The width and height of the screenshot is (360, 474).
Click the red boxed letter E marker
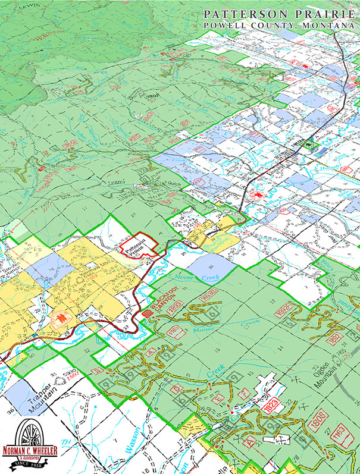click(218, 397)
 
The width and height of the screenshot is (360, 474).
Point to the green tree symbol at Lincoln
click(308, 143)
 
